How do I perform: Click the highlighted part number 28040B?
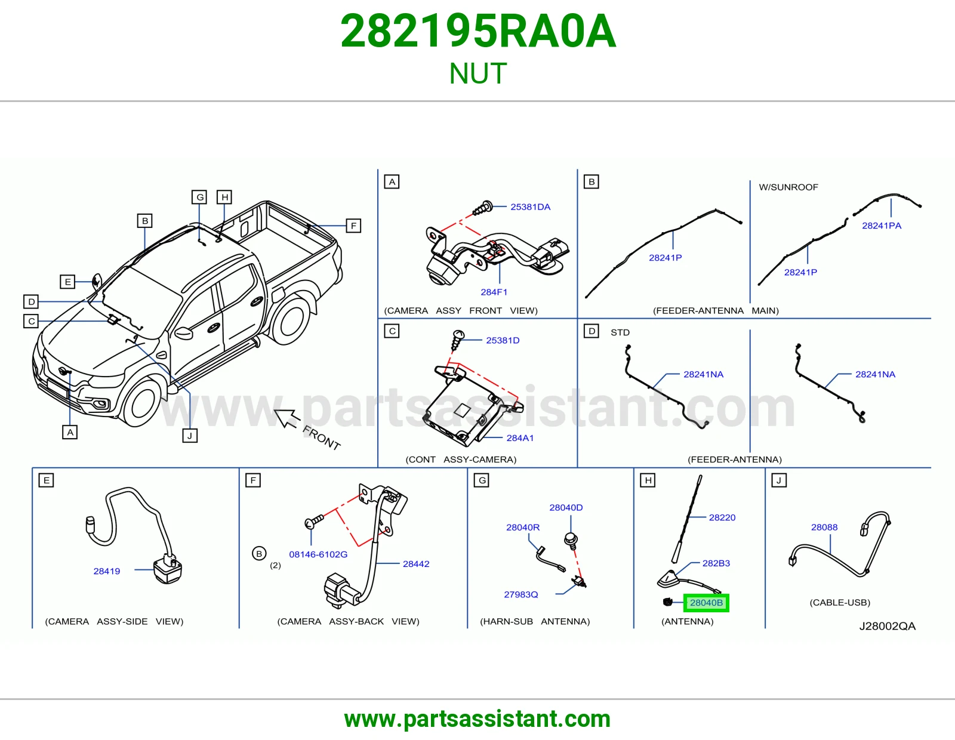(x=706, y=603)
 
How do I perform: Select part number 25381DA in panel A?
(x=530, y=207)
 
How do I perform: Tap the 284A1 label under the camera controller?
(x=520, y=437)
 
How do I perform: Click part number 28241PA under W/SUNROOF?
(x=881, y=226)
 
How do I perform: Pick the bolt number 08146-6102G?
(x=318, y=554)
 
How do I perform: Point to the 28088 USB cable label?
(x=824, y=527)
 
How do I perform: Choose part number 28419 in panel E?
(x=106, y=571)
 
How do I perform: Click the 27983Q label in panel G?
(x=521, y=594)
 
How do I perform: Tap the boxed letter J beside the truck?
(x=190, y=436)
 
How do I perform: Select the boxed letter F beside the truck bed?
(x=353, y=226)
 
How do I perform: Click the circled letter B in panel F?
(x=259, y=554)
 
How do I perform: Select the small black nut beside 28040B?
(x=667, y=602)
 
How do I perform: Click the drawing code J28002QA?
(x=888, y=626)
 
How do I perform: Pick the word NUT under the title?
(x=478, y=73)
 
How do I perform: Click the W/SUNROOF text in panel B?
(x=788, y=187)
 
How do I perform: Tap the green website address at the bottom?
(x=478, y=719)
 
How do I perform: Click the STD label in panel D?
(x=620, y=332)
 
